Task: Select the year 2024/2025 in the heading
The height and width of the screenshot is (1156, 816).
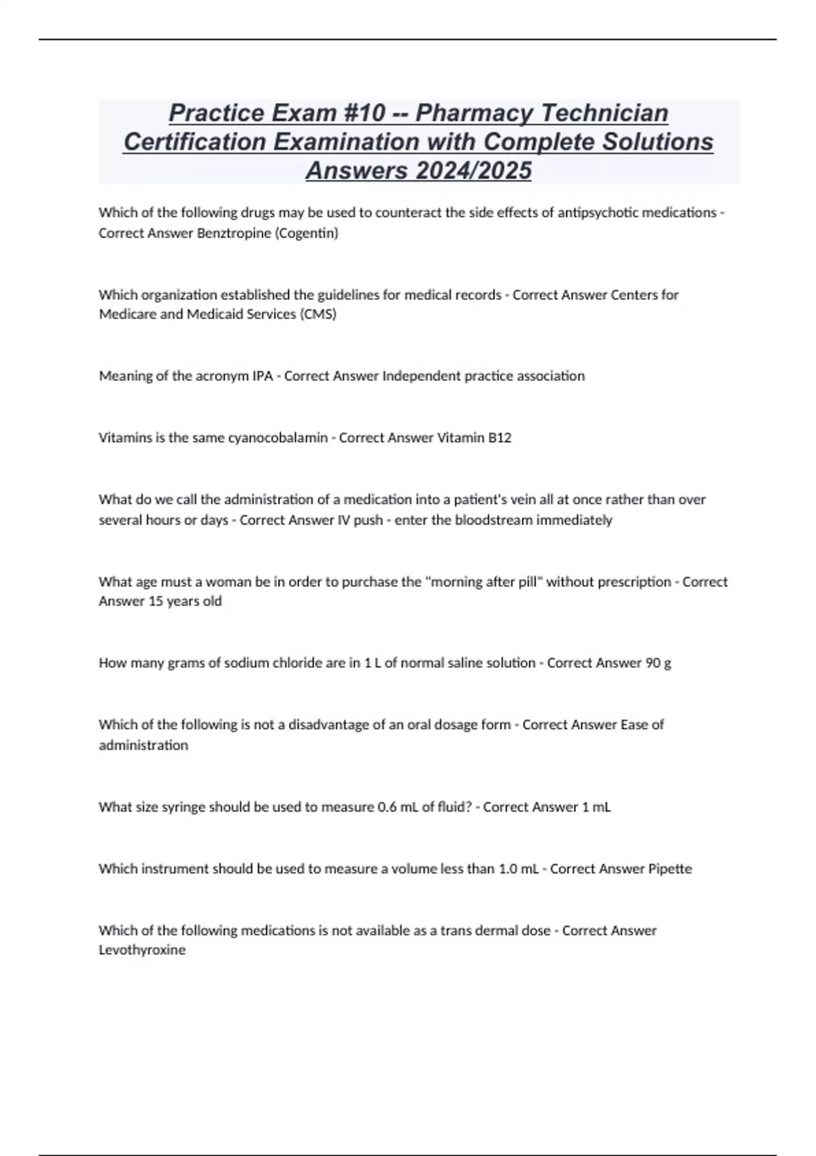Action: [474, 170]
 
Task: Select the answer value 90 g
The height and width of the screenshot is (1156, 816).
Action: [658, 663]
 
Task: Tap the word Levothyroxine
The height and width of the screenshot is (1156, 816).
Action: [142, 950]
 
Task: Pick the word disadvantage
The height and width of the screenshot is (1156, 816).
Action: [328, 725]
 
